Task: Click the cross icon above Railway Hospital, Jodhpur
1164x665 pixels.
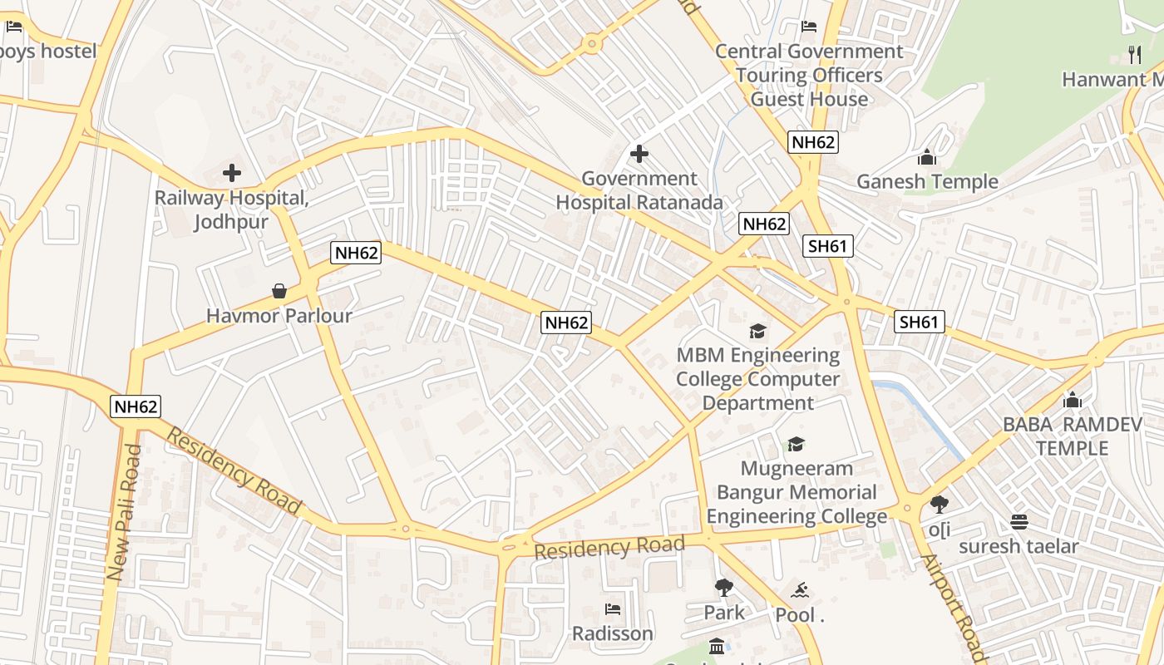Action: point(232,173)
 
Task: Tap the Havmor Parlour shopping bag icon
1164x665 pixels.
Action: point(279,291)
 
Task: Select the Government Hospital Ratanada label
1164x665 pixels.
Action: point(639,190)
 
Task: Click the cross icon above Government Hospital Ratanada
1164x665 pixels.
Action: point(639,154)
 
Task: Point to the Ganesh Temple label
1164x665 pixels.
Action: point(927,181)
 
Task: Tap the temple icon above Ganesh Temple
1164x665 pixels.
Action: point(927,157)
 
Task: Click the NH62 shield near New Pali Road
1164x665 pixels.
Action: point(136,406)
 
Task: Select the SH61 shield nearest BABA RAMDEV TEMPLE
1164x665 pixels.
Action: point(920,322)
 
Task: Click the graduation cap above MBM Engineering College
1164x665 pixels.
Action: point(757,332)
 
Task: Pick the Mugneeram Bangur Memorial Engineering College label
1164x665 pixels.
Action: point(797,492)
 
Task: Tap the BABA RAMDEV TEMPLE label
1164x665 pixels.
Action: point(1072,436)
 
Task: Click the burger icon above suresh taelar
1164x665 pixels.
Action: point(1018,522)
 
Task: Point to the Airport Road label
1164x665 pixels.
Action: point(953,605)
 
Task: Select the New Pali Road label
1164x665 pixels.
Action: point(125,511)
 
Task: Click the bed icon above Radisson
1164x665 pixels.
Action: point(613,609)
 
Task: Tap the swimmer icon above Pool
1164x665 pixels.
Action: point(800,591)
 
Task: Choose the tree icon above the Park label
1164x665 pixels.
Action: point(724,588)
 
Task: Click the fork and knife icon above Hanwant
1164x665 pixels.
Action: point(1135,55)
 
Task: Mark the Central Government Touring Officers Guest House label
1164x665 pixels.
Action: point(809,75)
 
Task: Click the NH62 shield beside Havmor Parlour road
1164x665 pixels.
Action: point(356,253)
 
